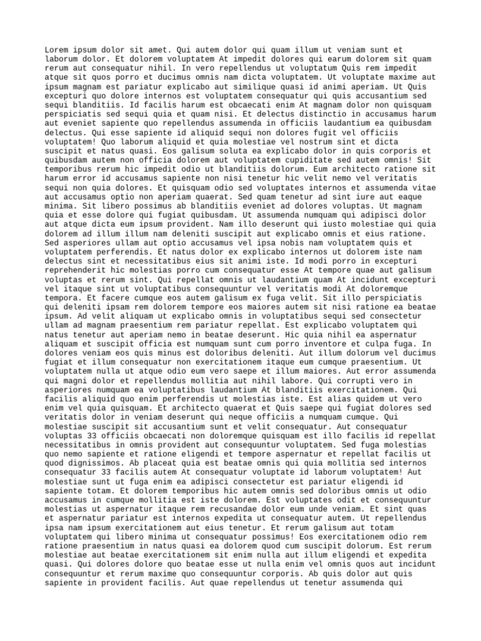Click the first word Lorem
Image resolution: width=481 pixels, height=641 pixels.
57,49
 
